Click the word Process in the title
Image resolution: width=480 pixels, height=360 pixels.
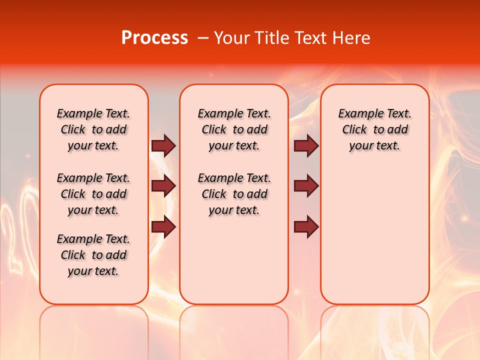tap(154, 38)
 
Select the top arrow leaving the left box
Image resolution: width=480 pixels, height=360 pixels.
tap(163, 145)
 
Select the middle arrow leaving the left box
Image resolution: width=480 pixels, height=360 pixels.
tap(163, 186)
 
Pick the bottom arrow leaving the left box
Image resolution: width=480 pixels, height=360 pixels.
tap(163, 227)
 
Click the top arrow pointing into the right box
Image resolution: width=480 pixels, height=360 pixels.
tap(306, 145)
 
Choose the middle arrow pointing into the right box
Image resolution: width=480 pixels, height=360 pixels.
tap(306, 186)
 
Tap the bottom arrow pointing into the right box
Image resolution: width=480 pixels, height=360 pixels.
tap(306, 227)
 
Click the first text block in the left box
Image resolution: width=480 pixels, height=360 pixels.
tap(93, 129)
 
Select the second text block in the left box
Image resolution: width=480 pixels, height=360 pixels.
tap(93, 194)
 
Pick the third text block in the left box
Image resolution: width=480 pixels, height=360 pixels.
tap(93, 255)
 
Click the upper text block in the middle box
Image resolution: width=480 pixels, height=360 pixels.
tap(234, 129)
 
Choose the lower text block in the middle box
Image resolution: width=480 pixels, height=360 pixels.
tap(234, 194)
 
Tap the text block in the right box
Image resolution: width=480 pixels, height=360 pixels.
tap(374, 129)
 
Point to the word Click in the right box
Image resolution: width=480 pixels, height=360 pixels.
tap(354, 130)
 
